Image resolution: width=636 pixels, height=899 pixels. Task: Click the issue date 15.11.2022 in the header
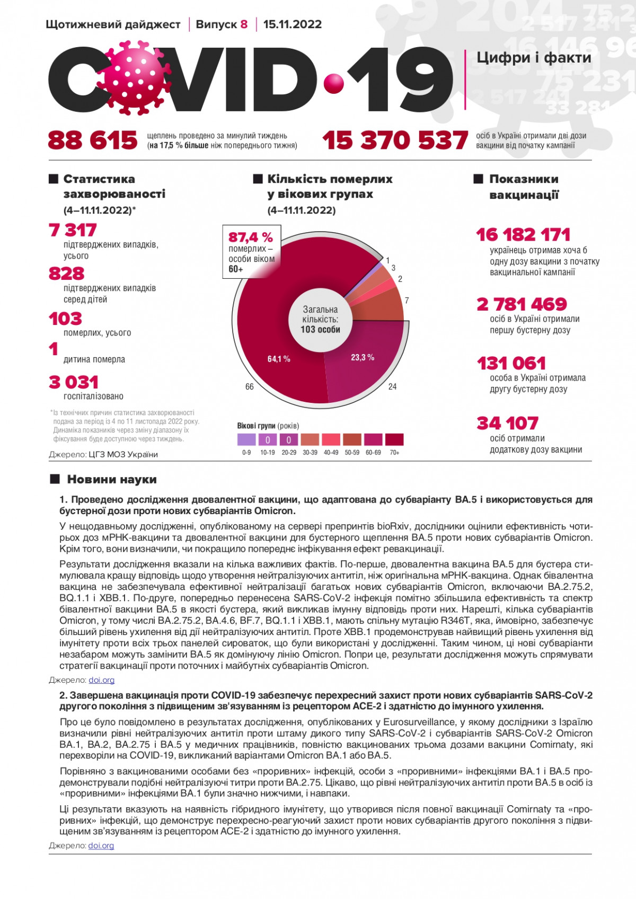292,24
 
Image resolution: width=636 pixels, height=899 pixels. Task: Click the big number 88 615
93,140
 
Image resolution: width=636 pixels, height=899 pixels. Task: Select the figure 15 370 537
395,140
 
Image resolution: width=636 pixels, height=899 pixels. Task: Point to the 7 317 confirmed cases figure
73,230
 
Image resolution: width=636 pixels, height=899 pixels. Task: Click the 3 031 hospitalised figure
74,382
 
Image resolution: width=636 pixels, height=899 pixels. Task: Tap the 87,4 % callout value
251,237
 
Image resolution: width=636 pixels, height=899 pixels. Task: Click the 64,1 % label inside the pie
279,359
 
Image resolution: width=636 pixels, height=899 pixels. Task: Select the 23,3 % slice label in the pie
363,357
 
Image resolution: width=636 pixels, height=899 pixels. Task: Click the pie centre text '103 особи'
320,329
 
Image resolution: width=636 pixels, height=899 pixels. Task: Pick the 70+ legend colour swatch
394,439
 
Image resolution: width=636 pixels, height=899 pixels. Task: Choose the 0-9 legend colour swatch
246,439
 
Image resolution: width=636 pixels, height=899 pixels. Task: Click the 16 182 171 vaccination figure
523,234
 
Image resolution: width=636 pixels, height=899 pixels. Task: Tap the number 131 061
511,363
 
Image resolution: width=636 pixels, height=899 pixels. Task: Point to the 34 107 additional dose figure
508,423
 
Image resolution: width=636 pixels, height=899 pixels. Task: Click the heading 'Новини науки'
112,479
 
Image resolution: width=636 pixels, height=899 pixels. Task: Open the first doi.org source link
101,680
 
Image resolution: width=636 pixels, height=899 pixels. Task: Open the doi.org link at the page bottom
101,845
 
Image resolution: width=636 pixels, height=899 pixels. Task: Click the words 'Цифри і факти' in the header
534,57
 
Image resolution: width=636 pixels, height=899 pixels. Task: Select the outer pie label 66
250,387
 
